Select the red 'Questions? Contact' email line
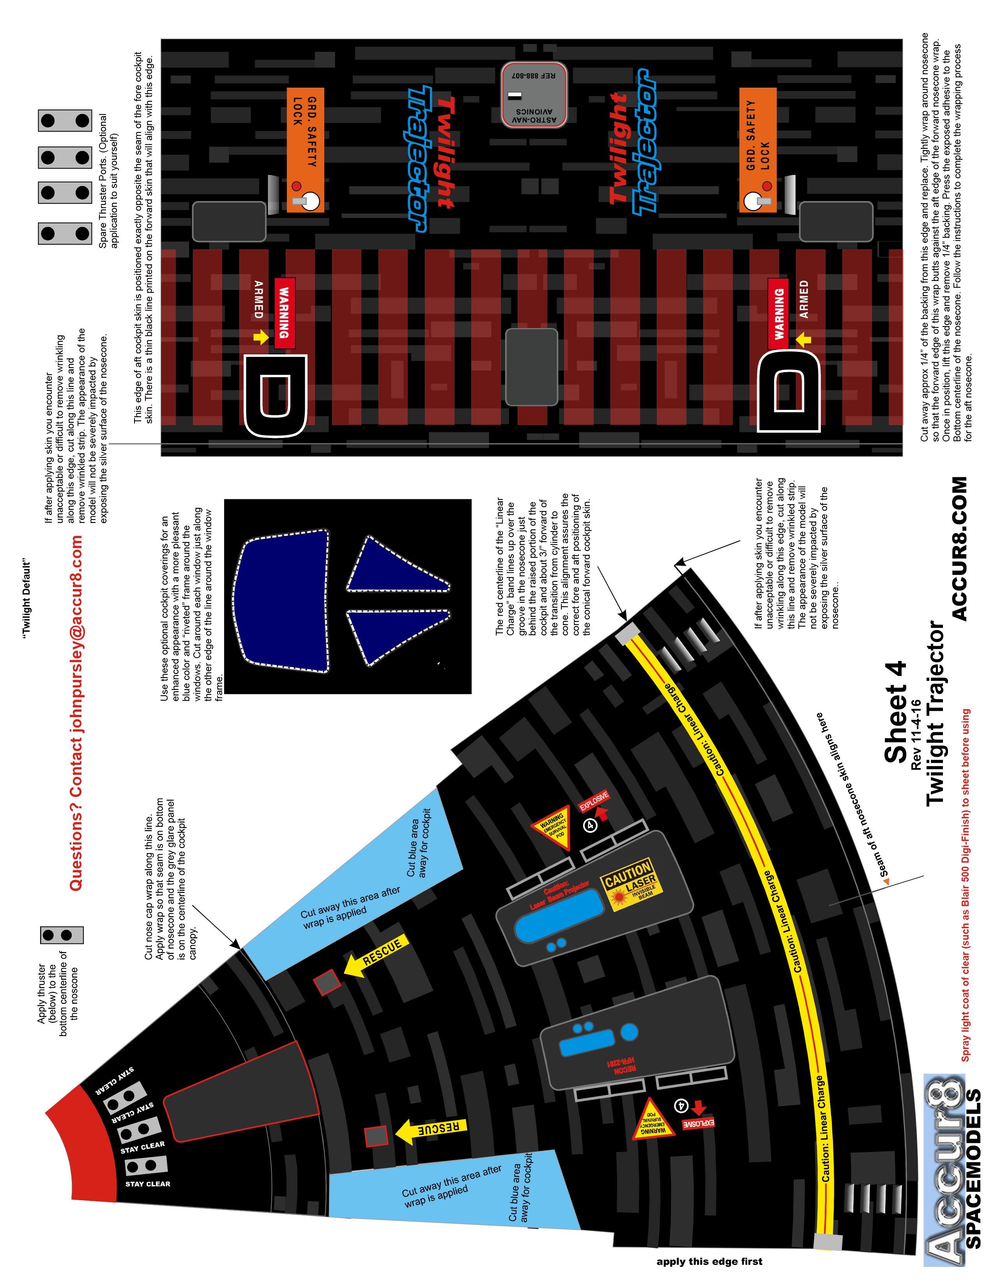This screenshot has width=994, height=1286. point(76,712)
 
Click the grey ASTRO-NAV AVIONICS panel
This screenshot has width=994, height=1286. point(534,95)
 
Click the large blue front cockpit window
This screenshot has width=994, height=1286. point(283,601)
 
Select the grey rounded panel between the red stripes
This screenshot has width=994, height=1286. point(532,367)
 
